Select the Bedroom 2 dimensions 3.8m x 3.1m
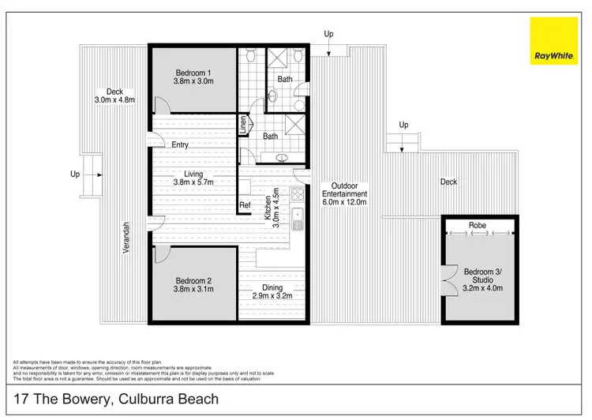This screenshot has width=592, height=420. point(193,289)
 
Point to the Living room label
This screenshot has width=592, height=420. point(193,174)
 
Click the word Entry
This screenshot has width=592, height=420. point(179,144)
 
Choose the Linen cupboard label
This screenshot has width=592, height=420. point(245,125)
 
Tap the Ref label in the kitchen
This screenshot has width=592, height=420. point(245,206)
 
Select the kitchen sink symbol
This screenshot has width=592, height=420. point(298,215)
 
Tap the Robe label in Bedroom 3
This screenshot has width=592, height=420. point(478,225)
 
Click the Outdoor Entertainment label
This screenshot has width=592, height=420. point(344,194)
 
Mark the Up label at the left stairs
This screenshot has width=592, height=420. point(75,174)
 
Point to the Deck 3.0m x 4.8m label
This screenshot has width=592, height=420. point(114,96)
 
